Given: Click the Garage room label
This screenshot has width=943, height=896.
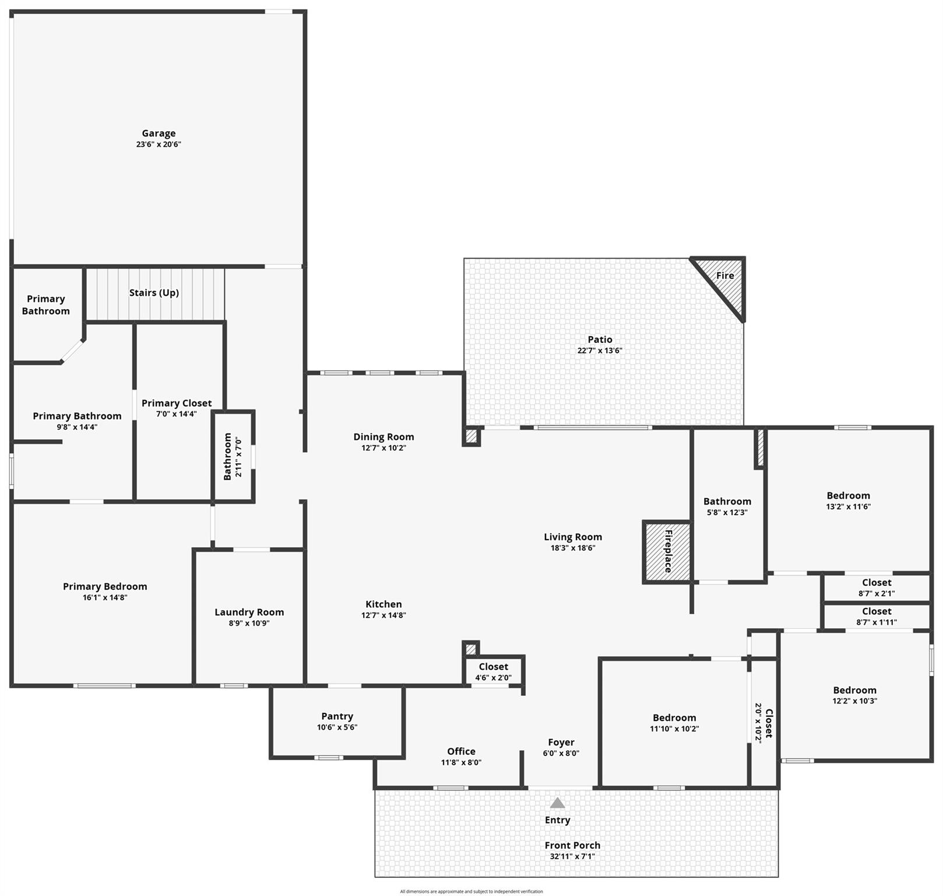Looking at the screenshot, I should (x=159, y=134).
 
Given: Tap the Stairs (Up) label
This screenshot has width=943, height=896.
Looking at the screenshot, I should (x=154, y=293).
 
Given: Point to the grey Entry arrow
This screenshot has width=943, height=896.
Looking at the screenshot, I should (x=557, y=803).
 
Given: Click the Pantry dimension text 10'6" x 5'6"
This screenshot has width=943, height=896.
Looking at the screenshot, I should (x=337, y=727).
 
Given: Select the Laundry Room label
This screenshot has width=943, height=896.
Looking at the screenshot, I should (x=249, y=612).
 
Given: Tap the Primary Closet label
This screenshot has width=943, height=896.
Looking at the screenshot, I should (x=177, y=403).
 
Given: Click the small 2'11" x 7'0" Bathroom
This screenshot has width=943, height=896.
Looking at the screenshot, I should (x=233, y=457).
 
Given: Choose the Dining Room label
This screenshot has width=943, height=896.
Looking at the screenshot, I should (x=383, y=437).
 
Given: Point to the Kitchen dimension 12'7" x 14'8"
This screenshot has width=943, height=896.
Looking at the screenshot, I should (x=383, y=615).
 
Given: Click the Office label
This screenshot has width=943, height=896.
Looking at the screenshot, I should (x=461, y=751).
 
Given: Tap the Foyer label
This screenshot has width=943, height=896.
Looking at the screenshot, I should (x=561, y=743).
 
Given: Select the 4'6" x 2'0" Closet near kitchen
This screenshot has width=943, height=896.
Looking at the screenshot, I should (x=493, y=671).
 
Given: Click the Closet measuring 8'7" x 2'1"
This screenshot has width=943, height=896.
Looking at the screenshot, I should (x=876, y=587).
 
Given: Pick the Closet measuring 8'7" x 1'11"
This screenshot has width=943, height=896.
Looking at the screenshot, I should (x=876, y=616).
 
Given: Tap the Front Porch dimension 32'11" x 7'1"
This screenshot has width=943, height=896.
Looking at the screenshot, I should (x=572, y=857).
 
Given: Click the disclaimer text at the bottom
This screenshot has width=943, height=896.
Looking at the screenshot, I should (x=471, y=891).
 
